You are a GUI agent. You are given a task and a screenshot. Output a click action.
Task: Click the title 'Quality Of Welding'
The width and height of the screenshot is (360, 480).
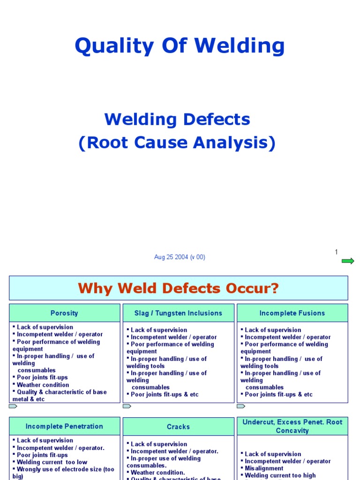(x=180, y=46)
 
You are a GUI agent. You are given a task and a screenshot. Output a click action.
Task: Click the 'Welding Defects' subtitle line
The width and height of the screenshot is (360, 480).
(x=177, y=120)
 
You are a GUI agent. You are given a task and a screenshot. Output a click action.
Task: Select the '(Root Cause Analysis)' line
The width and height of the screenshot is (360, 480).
(x=177, y=143)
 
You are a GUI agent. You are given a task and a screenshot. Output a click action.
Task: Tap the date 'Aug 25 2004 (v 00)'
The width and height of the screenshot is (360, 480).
(x=180, y=257)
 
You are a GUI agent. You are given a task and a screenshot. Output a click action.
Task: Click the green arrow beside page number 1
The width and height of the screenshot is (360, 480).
(x=348, y=261)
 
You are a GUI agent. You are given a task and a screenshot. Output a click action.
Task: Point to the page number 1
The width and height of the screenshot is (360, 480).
(x=336, y=252)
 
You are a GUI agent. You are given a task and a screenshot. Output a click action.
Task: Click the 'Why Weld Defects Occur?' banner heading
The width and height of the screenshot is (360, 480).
(x=178, y=288)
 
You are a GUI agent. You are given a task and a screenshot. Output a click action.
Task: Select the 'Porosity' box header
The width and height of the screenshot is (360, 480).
(x=64, y=313)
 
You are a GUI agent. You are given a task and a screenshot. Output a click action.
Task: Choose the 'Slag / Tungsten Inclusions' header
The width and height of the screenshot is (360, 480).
(x=178, y=313)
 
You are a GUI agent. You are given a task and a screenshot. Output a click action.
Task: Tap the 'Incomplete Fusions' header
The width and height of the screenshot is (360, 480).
(x=292, y=313)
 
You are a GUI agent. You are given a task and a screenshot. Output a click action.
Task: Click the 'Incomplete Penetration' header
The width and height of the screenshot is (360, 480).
(x=64, y=427)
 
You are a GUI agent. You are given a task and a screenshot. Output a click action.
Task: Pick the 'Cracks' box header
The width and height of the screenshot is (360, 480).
(x=178, y=427)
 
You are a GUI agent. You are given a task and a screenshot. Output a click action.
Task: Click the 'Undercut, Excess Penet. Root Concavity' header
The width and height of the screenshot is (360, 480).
(x=292, y=426)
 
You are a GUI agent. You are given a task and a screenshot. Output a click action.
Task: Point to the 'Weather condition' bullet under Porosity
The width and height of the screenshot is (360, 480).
(x=43, y=385)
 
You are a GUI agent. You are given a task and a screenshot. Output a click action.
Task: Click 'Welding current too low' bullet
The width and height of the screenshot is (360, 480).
(x=52, y=462)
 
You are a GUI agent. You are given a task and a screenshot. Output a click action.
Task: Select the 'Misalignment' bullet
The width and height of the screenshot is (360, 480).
(x=264, y=468)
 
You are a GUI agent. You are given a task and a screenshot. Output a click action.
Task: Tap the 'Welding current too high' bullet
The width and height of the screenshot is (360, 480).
(x=280, y=475)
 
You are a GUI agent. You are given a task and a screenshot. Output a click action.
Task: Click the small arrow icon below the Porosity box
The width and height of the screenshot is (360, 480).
(x=13, y=406)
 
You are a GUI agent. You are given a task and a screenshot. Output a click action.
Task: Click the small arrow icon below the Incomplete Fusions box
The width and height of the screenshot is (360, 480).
(x=241, y=406)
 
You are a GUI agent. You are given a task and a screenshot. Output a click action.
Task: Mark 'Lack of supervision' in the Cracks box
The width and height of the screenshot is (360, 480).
(x=158, y=444)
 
